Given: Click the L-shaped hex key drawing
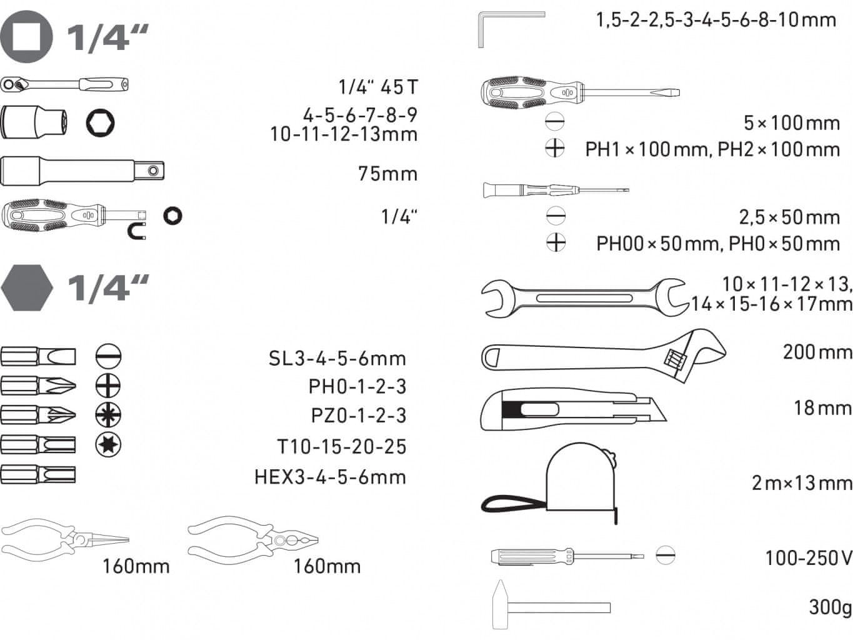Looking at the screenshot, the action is coord(511,29).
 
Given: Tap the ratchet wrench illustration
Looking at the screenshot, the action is coord(64,84).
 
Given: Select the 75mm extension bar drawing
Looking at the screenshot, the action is coord(82,170).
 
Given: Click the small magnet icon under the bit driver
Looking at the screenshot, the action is coord(137,232).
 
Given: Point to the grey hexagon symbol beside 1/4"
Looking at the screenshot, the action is coord(27,288).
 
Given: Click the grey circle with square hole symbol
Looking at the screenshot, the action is coord(26,37).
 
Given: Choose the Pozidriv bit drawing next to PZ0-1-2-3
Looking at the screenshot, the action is coord(38,415).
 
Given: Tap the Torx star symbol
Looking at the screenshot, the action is coord(108,444).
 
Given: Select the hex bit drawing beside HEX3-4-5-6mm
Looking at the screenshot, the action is coord(38,474).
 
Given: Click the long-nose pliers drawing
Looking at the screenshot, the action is coord(65,537).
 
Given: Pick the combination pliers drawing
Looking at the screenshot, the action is coord(253,537).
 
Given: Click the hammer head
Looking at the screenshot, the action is coord(500,604).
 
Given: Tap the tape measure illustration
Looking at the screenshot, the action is coord(549,483).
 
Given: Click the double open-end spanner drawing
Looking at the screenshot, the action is coord(584,298).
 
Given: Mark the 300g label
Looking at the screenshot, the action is coord(831,607).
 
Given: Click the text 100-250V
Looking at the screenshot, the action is coord(809,558).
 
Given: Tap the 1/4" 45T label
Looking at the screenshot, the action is coord(378,87).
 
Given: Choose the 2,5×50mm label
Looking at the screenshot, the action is coord(789,217).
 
